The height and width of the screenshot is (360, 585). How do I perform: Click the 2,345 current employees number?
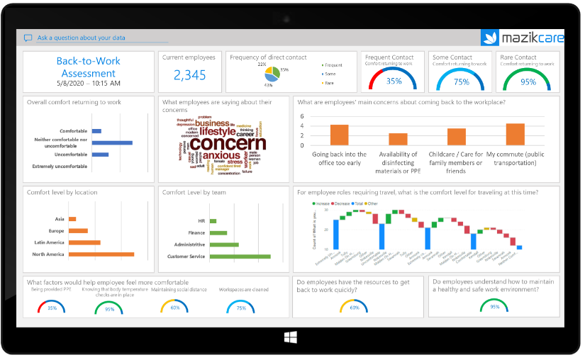[189, 74]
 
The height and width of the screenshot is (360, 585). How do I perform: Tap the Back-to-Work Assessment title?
[88, 67]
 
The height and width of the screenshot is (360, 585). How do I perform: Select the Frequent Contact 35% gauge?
[394, 79]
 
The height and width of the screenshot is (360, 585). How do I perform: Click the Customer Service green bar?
[240, 256]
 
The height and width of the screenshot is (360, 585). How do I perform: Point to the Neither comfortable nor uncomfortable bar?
[112, 142]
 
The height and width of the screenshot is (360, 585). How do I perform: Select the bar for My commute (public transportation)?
[516, 135]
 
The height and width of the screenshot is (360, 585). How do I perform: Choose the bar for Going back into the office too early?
[339, 135]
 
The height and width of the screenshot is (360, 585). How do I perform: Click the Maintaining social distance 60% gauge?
[174, 306]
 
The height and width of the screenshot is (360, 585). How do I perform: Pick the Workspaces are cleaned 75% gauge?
[241, 306]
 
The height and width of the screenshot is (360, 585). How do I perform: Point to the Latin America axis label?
[48, 242]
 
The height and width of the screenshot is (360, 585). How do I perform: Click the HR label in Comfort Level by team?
[201, 220]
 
